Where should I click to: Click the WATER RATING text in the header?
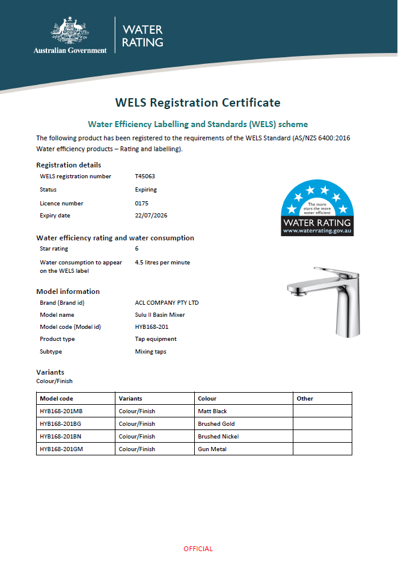point(142,36)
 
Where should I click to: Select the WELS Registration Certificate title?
point(198,102)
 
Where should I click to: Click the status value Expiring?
point(146,190)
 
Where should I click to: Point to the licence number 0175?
point(141,204)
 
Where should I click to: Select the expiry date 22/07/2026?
point(152,216)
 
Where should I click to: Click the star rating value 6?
point(137,249)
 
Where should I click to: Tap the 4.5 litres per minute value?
point(162,263)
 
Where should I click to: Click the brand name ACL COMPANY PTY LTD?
point(167,303)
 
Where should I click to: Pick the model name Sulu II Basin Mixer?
point(160,315)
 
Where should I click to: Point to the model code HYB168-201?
point(151,327)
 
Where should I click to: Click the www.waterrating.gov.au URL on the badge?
point(317,231)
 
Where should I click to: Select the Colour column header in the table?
point(207,399)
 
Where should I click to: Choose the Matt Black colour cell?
point(212,411)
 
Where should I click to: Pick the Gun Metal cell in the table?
point(212,449)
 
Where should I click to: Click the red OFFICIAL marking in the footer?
point(198,549)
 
